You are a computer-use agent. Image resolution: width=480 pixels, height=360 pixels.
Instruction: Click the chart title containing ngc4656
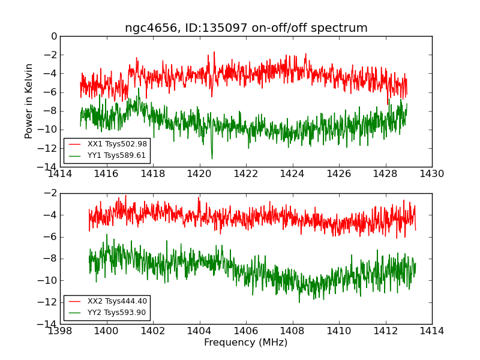[x=246, y=28]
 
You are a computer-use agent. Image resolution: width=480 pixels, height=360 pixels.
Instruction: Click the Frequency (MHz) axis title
[x=246, y=343]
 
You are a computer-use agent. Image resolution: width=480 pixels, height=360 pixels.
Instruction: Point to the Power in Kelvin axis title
[x=29, y=101]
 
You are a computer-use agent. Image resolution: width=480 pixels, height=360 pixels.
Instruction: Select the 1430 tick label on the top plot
[x=431, y=174]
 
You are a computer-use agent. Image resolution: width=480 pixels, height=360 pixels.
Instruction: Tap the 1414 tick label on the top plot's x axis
[x=60, y=174]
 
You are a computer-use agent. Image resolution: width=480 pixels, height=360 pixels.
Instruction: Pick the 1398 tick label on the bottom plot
[x=60, y=331]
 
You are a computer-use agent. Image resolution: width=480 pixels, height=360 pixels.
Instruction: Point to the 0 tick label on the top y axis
[x=53, y=37]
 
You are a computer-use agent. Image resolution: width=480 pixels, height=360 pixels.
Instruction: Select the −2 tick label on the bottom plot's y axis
[x=49, y=193]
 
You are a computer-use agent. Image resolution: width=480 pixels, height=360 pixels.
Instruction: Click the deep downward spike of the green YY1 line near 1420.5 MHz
[x=212, y=158]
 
